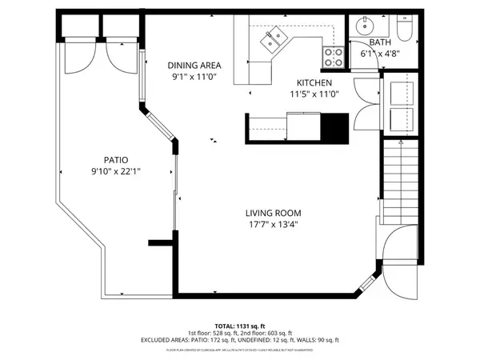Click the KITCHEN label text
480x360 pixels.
point(314,82)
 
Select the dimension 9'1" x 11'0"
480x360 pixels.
point(194,77)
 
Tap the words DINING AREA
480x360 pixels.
point(194,66)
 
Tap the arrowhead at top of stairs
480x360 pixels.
point(400,142)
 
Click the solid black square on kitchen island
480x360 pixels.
point(334,126)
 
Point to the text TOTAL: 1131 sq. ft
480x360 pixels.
point(240,326)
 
